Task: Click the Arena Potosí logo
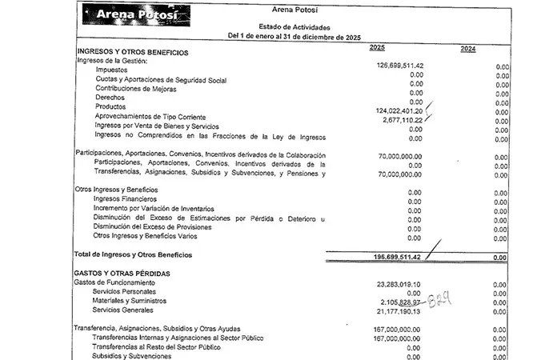point(138,15)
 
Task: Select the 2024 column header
point(469,50)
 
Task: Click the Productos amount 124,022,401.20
point(399,110)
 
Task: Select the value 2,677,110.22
point(402,119)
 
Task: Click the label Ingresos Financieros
point(125,198)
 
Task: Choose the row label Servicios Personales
point(130,292)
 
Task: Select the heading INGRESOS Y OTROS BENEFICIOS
point(133,52)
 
